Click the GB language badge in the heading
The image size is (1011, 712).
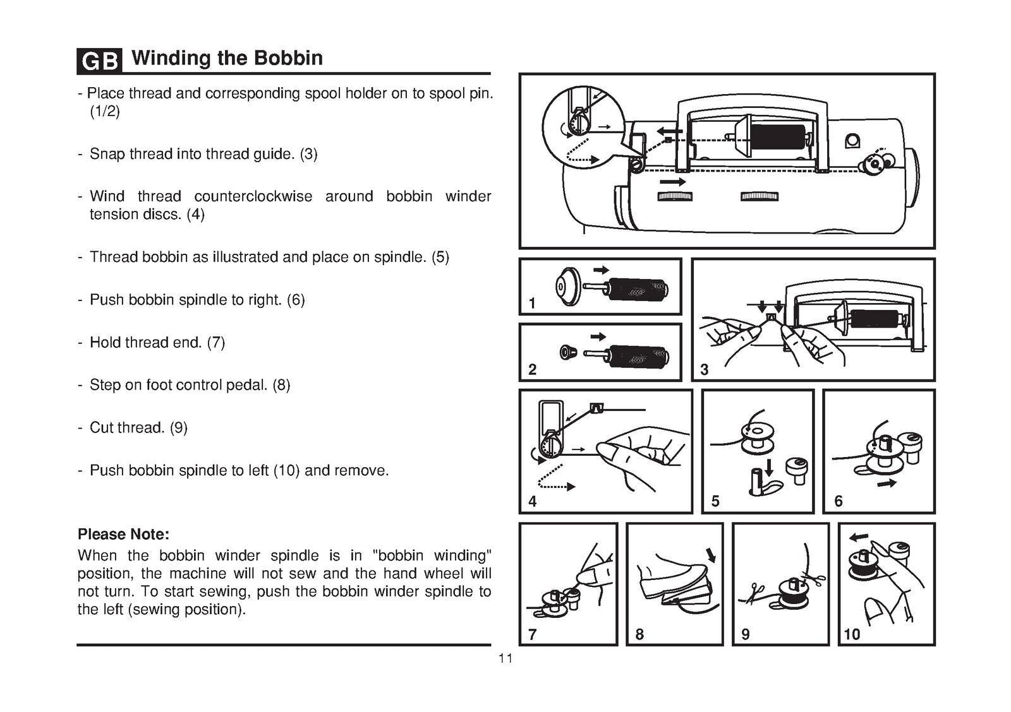[99, 61]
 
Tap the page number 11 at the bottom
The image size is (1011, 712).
[505, 659]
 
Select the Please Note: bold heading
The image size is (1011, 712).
[123, 535]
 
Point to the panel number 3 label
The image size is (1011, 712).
[705, 371]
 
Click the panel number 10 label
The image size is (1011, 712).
[852, 634]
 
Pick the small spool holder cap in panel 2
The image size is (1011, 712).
[566, 352]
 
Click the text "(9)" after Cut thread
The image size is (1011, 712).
[178, 428]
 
